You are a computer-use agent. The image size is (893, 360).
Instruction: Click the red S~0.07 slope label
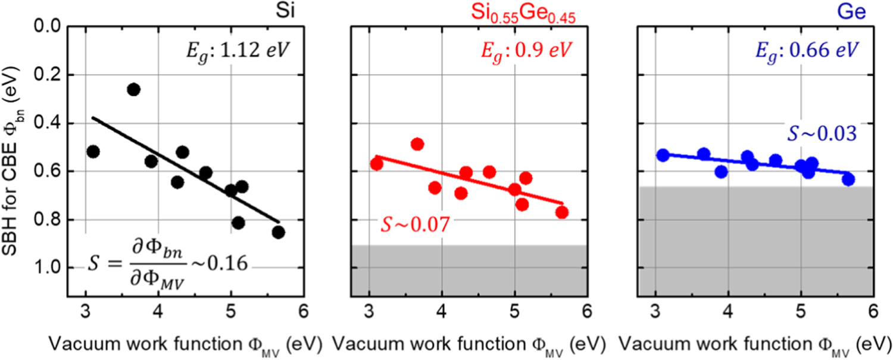415,226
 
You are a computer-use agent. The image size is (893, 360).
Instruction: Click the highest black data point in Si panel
133,89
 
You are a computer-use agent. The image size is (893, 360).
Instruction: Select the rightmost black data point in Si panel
278,232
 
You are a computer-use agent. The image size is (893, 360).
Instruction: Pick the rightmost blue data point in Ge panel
848,180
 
